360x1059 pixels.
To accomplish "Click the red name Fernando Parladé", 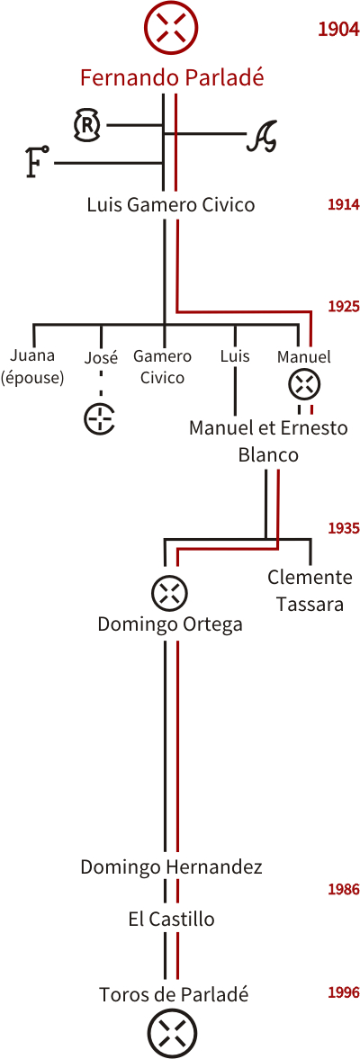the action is (172, 77).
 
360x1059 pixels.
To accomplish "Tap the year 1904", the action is (337, 30).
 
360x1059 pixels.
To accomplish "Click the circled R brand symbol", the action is (87, 125).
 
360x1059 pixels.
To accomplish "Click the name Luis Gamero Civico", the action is (171, 204).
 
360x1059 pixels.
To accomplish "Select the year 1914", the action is (343, 205).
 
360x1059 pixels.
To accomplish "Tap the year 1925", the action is (343, 307).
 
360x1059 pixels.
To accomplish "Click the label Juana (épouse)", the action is (32, 366).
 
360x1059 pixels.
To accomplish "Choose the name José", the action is (101, 357).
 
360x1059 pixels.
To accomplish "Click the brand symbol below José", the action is (100, 418).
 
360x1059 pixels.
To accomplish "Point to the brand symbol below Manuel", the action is (304, 386).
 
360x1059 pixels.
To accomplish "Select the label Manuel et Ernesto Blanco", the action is (268, 441).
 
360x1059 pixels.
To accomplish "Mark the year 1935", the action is (343, 528).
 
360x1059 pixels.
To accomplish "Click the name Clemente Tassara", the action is (310, 590).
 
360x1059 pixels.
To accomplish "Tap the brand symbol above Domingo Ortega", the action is (169, 594).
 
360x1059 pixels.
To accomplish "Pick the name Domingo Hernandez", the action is (171, 867).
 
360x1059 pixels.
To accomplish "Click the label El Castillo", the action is (171, 920).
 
